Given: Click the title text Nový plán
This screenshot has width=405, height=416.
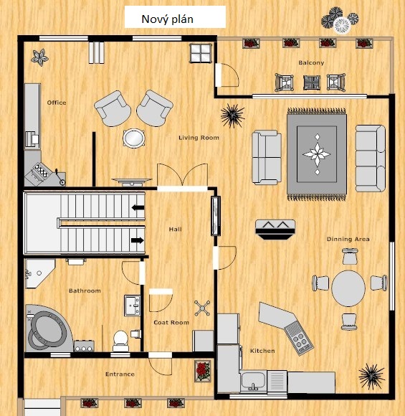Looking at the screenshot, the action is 167,19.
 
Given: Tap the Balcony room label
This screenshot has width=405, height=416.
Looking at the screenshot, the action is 311,63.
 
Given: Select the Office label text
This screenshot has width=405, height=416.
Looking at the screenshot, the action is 57,103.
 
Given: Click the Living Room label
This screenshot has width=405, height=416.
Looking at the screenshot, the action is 199,138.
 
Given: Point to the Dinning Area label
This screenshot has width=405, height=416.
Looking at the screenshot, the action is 348,239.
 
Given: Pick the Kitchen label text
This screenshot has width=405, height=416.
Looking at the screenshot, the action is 262,351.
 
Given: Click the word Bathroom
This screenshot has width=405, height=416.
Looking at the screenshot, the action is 85,290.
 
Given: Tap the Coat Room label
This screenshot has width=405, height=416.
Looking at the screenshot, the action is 171,323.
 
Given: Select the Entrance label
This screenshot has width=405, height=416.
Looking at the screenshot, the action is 120,374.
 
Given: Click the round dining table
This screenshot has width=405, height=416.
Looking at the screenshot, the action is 348,288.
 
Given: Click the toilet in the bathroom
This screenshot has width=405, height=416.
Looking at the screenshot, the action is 120,341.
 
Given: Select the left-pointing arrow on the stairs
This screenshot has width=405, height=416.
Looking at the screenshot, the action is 138,207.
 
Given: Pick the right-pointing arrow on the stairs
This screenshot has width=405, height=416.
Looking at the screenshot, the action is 138,240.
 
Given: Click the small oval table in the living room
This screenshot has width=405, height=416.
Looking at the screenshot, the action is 134,138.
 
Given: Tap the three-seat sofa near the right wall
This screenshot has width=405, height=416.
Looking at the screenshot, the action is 371,159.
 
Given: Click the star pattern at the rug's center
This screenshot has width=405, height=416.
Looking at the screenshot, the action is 317,154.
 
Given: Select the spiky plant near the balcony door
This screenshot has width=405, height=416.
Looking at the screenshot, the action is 232,115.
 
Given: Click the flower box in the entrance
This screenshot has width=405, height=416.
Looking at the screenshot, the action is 203,371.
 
